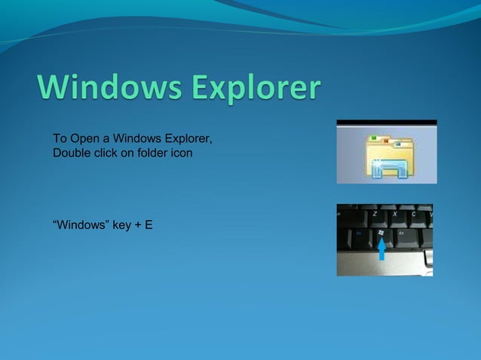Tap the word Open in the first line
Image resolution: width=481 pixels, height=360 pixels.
[83, 139]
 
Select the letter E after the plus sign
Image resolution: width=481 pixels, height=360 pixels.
[149, 224]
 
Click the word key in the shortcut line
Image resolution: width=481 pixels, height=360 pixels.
[122, 224]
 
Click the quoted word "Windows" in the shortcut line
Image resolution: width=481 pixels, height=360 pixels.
[81, 224]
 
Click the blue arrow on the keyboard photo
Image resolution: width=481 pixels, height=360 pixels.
[381, 249]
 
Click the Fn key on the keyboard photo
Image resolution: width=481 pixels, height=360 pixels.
[360, 234]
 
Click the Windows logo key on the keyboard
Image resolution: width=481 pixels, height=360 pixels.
[381, 234]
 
